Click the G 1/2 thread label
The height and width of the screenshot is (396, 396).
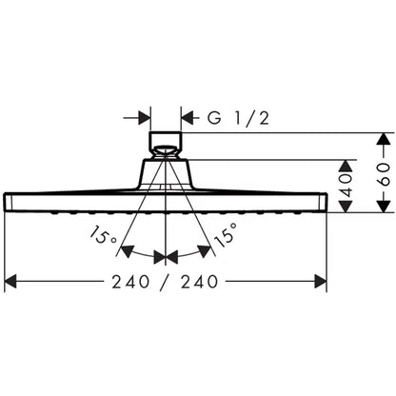[238, 118]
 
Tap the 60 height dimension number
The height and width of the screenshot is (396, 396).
[385, 174]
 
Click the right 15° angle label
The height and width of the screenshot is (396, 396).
[226, 235]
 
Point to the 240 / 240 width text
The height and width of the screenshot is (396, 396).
[165, 282]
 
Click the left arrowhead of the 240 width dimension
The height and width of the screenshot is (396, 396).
[10, 282]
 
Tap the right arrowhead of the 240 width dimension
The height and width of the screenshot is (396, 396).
[321, 282]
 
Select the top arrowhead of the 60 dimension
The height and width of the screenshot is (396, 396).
[385, 139]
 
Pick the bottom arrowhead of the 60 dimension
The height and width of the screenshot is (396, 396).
[385, 207]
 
